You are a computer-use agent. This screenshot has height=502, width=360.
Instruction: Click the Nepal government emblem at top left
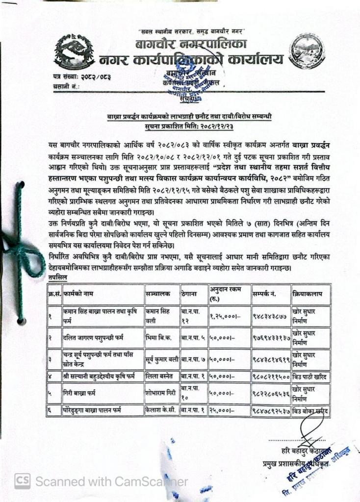coord(74,52)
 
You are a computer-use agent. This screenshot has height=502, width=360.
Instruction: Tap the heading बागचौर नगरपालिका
coord(191,46)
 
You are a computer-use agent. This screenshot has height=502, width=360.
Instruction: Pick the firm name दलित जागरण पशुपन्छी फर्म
coord(93,338)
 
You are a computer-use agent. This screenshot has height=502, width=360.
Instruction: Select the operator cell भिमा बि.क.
coord(157,338)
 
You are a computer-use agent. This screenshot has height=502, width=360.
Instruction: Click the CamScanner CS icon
coord(22,481)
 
